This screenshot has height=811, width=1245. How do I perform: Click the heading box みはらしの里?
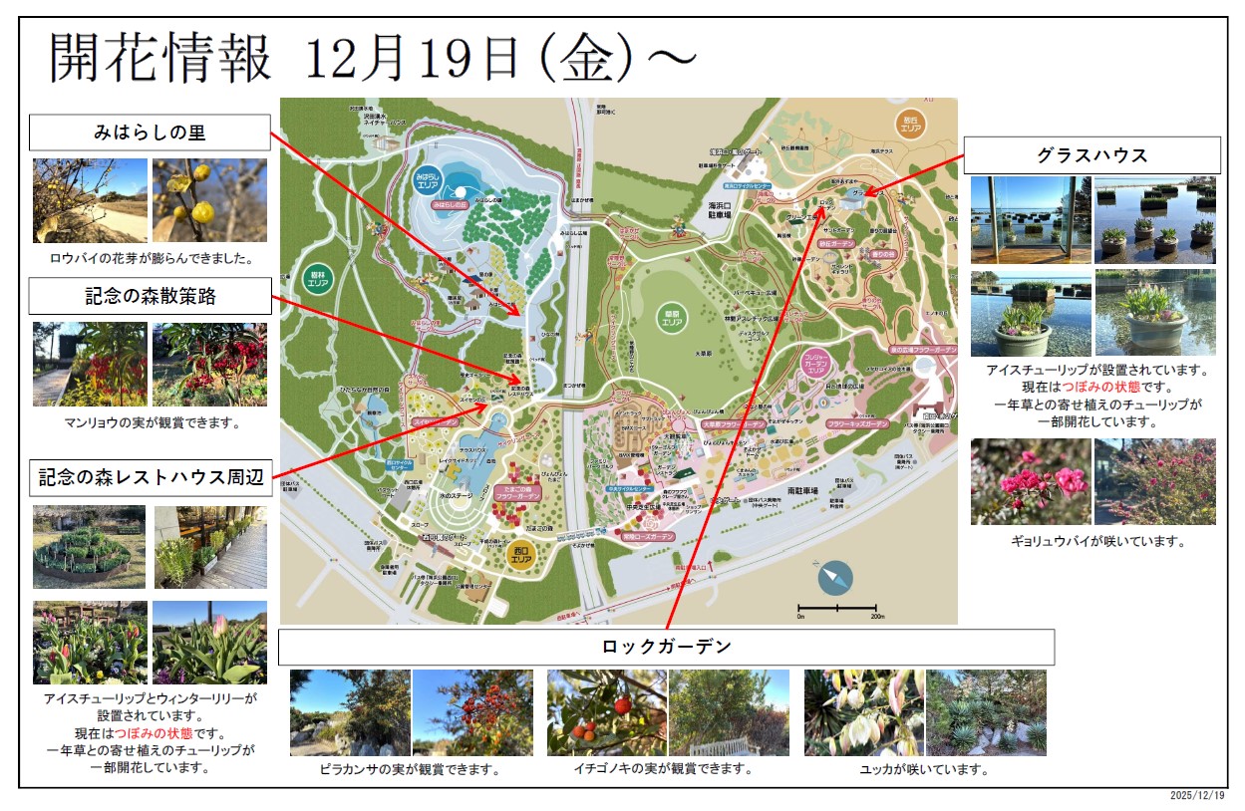coord(150,133)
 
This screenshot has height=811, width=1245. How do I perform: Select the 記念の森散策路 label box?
coord(150,296)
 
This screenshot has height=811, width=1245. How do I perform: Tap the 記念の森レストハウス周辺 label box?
coord(150,477)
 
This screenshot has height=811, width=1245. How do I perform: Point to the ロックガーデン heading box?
coord(666,647)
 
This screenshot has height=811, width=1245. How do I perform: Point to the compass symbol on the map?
coord(835,577)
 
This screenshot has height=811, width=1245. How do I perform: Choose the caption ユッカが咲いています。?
coord(924,769)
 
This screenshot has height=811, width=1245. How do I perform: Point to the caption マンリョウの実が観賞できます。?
coord(150,422)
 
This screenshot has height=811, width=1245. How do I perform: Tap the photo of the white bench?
coord(730,712)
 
